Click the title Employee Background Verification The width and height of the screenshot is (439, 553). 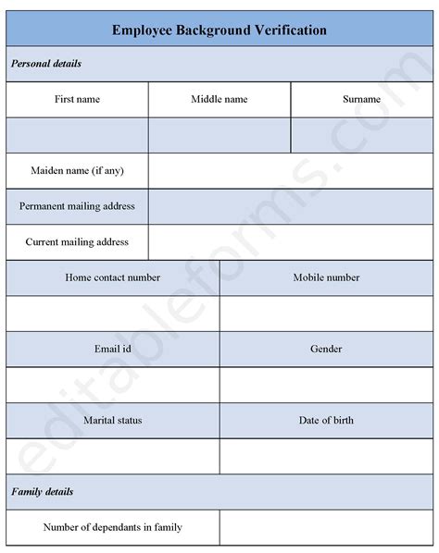coord(219,30)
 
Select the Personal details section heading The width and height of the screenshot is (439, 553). coord(46,64)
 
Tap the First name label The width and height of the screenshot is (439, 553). coord(77,99)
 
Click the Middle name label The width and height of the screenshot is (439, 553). coord(219,99)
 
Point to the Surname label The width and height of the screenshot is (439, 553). coord(361,99)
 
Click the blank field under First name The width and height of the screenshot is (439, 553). coord(77,135)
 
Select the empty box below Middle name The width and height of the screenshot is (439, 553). coord(219,135)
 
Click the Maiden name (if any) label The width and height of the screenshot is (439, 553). coord(77,170)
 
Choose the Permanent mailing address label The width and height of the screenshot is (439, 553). coord(77,206)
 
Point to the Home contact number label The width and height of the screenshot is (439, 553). coord(113,277)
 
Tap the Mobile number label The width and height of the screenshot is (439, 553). coord(326,277)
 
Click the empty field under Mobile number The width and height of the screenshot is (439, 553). coord(326,313)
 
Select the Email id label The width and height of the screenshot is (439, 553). coord(113,349)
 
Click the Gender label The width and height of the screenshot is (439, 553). coord(326,349)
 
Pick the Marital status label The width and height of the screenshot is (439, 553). coord(113,421)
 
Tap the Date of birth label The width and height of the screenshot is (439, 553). coord(326,421)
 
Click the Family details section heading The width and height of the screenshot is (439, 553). coord(43,492)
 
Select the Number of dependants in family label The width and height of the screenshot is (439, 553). coord(113,527)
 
